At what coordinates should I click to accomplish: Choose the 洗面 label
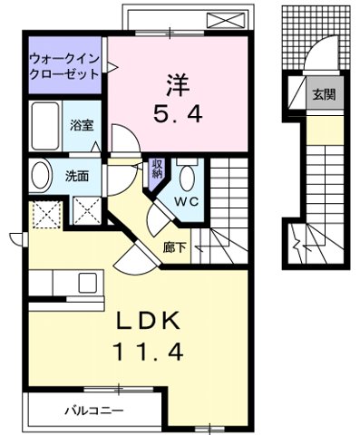77,176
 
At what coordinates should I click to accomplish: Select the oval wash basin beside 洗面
40,176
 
